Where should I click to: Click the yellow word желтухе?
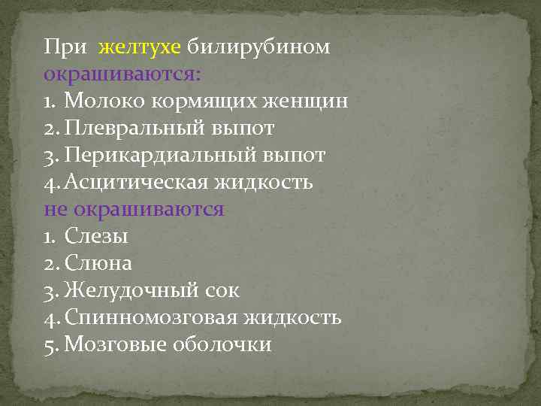(x=139, y=47)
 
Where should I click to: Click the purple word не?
(x=55, y=210)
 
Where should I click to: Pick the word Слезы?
(x=96, y=237)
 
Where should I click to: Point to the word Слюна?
(x=98, y=264)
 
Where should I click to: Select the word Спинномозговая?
(x=150, y=318)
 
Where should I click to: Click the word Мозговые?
(x=116, y=345)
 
